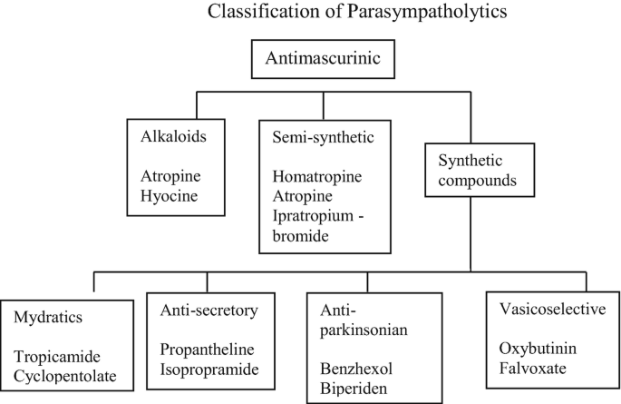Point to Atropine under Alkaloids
pos(170,173)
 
